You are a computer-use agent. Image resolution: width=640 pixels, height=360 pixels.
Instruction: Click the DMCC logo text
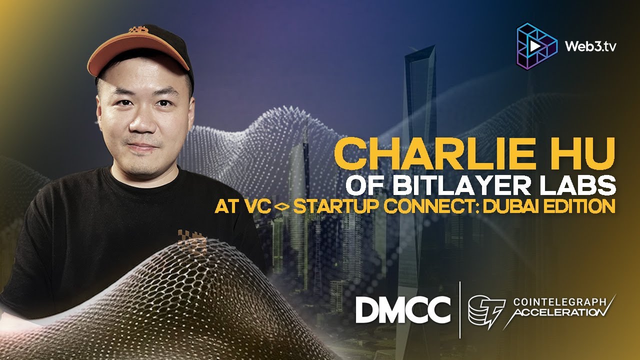pyautogui.click(x=402, y=310)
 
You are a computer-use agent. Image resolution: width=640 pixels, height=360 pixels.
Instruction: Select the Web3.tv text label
pyautogui.click(x=590, y=46)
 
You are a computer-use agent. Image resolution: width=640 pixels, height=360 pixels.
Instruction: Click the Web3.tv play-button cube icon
pyautogui.click(x=536, y=45)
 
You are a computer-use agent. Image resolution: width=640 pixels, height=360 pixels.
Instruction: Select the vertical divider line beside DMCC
pyautogui.click(x=460, y=310)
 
